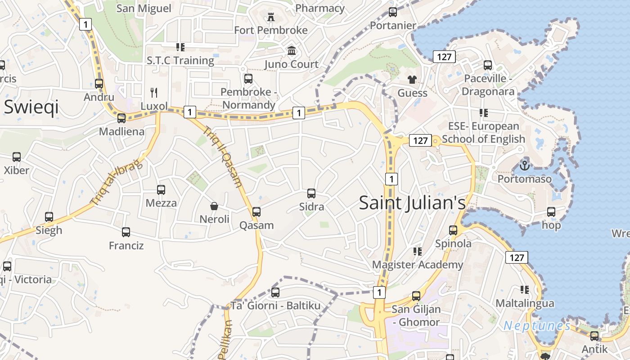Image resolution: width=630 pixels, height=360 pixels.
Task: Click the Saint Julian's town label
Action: pyautogui.click(x=412, y=203)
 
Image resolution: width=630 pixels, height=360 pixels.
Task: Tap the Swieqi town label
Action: pyautogui.click(x=31, y=108)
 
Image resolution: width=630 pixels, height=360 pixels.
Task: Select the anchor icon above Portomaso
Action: pyautogui.click(x=524, y=166)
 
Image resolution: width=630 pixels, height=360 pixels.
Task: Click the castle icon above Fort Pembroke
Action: pyautogui.click(x=271, y=17)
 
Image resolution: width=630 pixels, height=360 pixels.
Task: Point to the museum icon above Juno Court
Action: pyautogui.click(x=292, y=51)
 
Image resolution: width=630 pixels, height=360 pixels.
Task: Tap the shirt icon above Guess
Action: pyautogui.click(x=412, y=80)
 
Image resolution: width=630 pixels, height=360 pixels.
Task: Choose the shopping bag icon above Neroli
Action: pyautogui.click(x=214, y=206)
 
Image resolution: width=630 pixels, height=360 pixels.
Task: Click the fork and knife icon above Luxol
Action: pyautogui.click(x=154, y=93)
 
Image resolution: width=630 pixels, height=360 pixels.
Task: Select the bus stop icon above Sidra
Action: pyautogui.click(x=311, y=193)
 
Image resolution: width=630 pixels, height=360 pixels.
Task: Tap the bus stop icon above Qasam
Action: pyautogui.click(x=256, y=211)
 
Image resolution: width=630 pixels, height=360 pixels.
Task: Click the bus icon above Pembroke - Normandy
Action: pyautogui.click(x=248, y=79)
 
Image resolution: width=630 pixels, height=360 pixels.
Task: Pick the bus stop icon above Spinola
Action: pyautogui.click(x=453, y=230)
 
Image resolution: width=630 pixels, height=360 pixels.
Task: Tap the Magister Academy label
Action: pyautogui.click(x=418, y=265)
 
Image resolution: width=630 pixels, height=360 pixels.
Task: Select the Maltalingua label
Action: pyautogui.click(x=525, y=303)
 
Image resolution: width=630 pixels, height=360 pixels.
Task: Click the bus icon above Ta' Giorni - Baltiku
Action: pyautogui.click(x=275, y=292)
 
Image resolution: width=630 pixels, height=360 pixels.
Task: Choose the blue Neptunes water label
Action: pyautogui.click(x=537, y=325)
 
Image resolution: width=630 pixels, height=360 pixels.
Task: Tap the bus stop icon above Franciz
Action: pyautogui.click(x=126, y=232)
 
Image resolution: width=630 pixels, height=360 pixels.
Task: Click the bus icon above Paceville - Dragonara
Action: pyautogui.click(x=488, y=65)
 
